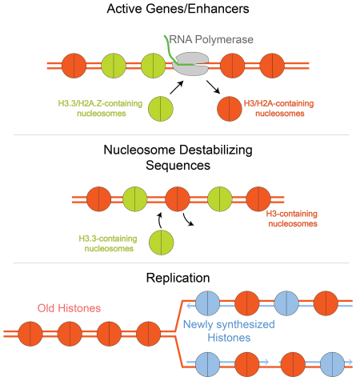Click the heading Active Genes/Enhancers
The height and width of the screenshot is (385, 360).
(x=178, y=10)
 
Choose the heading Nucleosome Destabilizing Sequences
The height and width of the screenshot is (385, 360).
(x=178, y=157)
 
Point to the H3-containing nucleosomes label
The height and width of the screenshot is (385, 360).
(x=290, y=219)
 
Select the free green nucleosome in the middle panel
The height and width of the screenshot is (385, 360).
(x=162, y=243)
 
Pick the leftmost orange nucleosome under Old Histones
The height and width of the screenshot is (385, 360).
(x=34, y=331)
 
